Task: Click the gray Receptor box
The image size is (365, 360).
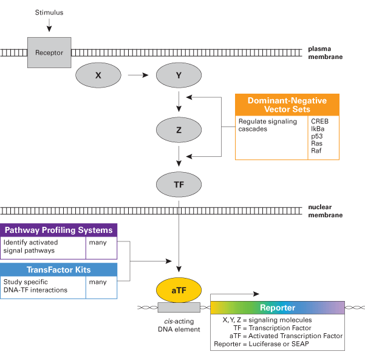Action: click(49, 52)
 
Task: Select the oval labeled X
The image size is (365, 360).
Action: click(98, 75)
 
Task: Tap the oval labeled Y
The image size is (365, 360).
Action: click(179, 75)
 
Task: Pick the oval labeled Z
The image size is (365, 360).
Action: click(179, 130)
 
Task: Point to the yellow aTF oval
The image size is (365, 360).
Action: click(179, 291)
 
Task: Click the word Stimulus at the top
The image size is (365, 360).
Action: click(49, 12)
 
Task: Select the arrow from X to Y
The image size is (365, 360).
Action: click(138, 75)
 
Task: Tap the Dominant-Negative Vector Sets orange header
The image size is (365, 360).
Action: click(287, 105)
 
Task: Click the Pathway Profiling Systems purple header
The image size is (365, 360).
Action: click(59, 230)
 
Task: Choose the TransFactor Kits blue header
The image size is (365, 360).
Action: click(59, 270)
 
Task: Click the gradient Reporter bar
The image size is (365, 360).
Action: click(278, 308)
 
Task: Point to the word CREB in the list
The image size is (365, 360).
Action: click(320, 121)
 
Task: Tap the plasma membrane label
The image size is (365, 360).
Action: click(326, 52)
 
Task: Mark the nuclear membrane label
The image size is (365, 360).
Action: click(326, 210)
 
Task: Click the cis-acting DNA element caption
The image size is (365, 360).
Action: click(179, 325)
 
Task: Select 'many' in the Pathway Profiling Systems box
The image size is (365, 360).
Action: click(98, 243)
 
